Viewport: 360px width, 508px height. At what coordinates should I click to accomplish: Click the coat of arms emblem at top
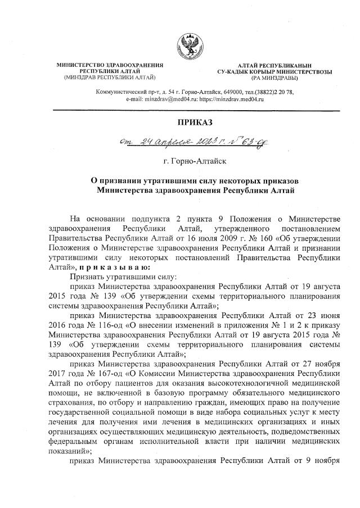189,46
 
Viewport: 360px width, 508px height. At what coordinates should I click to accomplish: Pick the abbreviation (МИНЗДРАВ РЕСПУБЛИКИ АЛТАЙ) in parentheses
110,77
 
